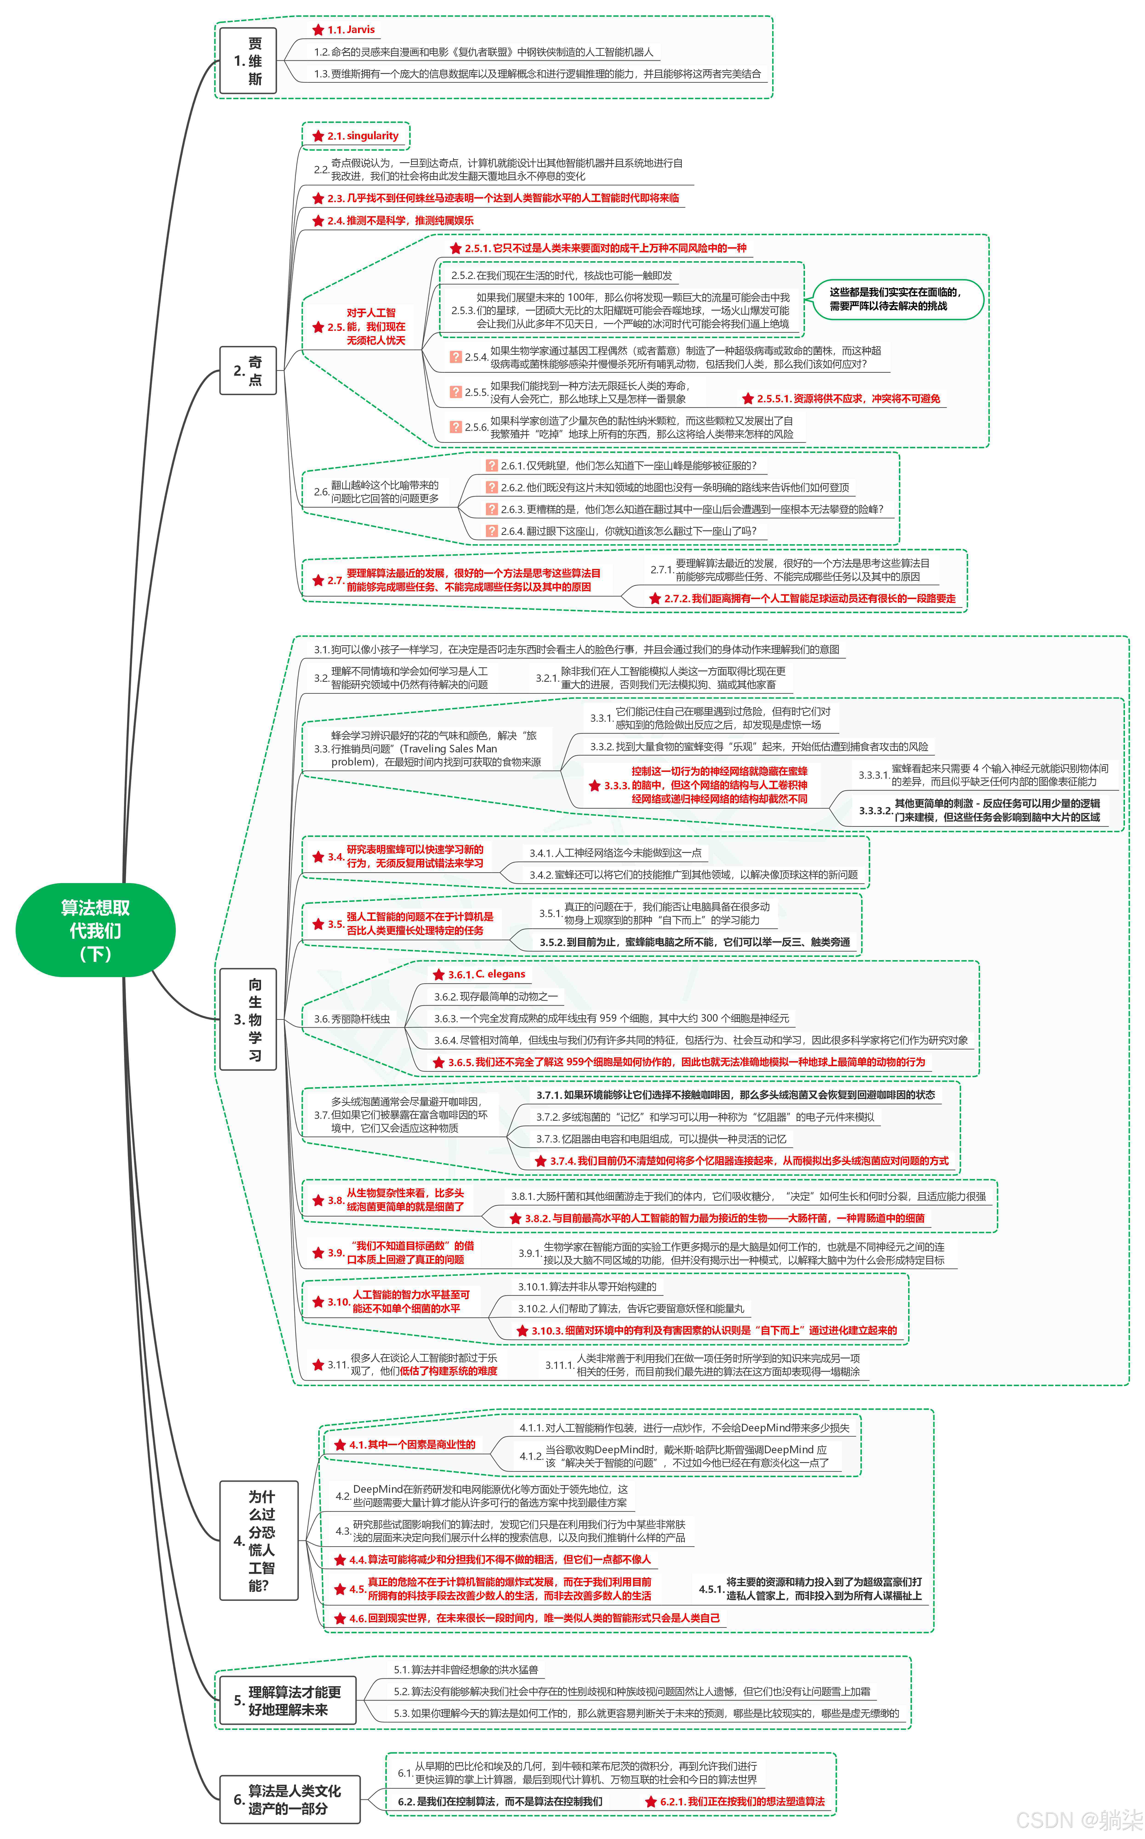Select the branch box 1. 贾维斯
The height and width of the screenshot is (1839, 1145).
[x=248, y=61]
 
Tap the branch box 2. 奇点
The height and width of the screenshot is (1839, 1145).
[x=248, y=370]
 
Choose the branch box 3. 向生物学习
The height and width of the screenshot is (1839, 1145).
[x=248, y=1019]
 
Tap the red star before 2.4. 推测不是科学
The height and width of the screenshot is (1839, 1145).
[x=318, y=221]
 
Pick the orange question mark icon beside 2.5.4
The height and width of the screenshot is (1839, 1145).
[x=455, y=357]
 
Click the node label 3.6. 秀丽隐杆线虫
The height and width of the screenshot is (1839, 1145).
[x=352, y=1019]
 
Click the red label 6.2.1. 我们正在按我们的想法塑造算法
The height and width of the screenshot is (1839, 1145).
[x=742, y=1801]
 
